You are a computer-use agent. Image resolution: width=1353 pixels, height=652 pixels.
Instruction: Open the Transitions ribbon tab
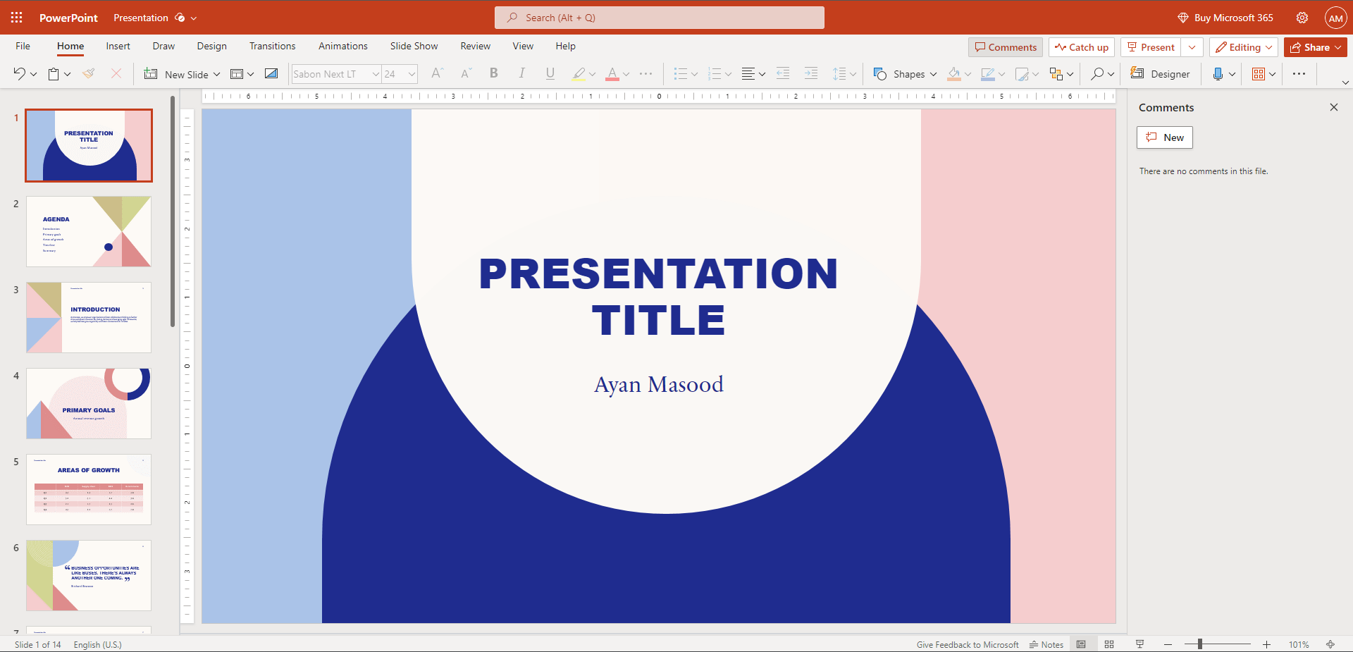point(272,47)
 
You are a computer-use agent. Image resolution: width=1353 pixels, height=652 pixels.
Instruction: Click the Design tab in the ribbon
point(211,47)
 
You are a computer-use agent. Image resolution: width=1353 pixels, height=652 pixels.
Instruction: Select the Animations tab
point(342,47)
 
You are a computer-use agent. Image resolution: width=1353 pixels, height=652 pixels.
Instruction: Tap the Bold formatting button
point(493,73)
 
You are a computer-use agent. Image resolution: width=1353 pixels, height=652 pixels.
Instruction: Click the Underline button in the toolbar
point(550,73)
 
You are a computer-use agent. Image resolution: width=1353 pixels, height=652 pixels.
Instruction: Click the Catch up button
point(1081,47)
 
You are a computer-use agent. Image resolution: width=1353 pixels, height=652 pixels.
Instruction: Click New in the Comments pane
point(1164,137)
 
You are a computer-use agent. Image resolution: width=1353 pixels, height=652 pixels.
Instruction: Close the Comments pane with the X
point(1333,107)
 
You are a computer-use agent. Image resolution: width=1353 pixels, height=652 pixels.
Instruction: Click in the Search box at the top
point(659,18)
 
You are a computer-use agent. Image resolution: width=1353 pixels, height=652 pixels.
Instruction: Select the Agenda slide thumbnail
point(89,231)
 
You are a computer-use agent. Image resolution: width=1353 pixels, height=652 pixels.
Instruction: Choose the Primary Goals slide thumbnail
point(89,403)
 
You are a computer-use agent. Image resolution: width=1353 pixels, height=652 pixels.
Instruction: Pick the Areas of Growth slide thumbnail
point(89,489)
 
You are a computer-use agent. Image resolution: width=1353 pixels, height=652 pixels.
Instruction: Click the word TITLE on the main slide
point(658,321)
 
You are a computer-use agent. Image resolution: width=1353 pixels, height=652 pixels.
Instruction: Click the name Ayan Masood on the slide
point(658,385)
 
